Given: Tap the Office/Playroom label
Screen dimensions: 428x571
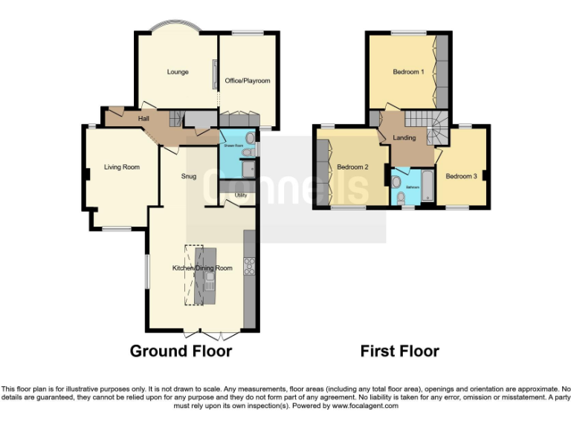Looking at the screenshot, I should [248, 80].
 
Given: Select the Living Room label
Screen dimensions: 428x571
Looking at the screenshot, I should [121, 167].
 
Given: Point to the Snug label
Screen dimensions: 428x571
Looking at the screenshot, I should [189, 177].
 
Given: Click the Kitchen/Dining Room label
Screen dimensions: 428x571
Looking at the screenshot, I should [202, 267].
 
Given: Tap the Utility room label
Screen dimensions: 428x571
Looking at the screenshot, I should [240, 195].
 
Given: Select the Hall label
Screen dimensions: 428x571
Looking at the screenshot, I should [145, 119].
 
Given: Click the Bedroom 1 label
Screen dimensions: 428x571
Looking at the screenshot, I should [408, 72].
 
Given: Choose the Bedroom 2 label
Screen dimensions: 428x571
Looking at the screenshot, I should [352, 167].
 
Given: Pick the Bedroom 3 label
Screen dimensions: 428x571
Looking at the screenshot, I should [461, 176].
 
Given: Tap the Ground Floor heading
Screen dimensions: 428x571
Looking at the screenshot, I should [181, 351].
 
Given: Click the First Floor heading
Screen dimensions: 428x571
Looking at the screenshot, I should [399, 351].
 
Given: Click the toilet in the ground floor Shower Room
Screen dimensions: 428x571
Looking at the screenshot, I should [250, 139].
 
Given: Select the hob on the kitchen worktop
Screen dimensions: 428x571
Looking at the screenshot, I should [249, 265].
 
